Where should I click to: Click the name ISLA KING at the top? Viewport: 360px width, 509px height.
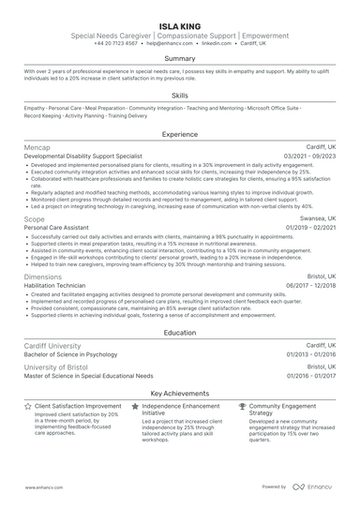point(179,23)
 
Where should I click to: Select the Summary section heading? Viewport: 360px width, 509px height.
point(179,58)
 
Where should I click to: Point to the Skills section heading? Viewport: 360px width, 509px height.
point(179,96)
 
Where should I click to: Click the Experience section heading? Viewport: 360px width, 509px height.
point(179,134)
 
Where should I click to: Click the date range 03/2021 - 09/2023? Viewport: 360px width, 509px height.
point(309,157)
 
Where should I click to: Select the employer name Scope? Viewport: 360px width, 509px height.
point(34,218)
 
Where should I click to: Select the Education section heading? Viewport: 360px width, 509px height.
point(179,333)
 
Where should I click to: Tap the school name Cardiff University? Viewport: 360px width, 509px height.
point(59,346)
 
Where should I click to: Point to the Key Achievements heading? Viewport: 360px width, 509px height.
point(179,395)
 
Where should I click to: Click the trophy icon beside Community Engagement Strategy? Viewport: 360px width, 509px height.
point(243,408)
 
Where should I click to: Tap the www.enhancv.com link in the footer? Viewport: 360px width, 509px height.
point(43,487)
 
